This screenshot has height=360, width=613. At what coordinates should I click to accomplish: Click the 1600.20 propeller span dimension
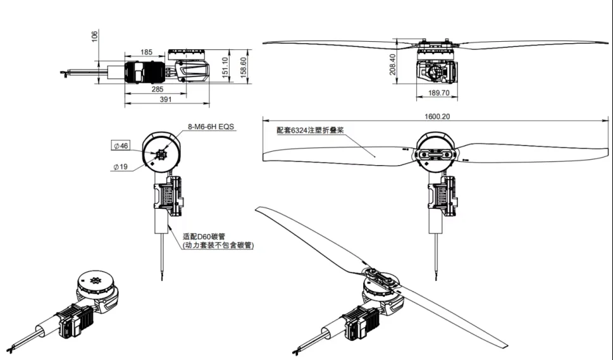435,116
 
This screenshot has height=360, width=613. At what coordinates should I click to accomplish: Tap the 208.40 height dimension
393,64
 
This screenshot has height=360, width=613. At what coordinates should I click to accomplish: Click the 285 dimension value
158,89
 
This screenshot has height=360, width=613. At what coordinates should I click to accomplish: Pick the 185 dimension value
146,51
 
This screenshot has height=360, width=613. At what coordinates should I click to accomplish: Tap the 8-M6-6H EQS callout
210,127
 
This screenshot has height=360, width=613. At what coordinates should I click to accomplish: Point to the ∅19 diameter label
121,167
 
